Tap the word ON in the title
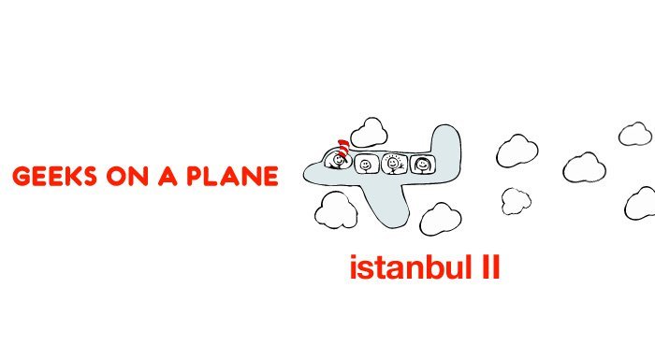(125, 177)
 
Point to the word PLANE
(231, 177)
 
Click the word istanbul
(408, 269)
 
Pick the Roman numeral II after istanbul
(488, 268)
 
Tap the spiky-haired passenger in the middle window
(394, 164)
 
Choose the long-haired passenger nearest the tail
(423, 165)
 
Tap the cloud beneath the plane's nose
(335, 211)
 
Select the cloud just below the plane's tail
(440, 218)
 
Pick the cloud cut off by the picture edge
(642, 202)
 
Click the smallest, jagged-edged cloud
(515, 199)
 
